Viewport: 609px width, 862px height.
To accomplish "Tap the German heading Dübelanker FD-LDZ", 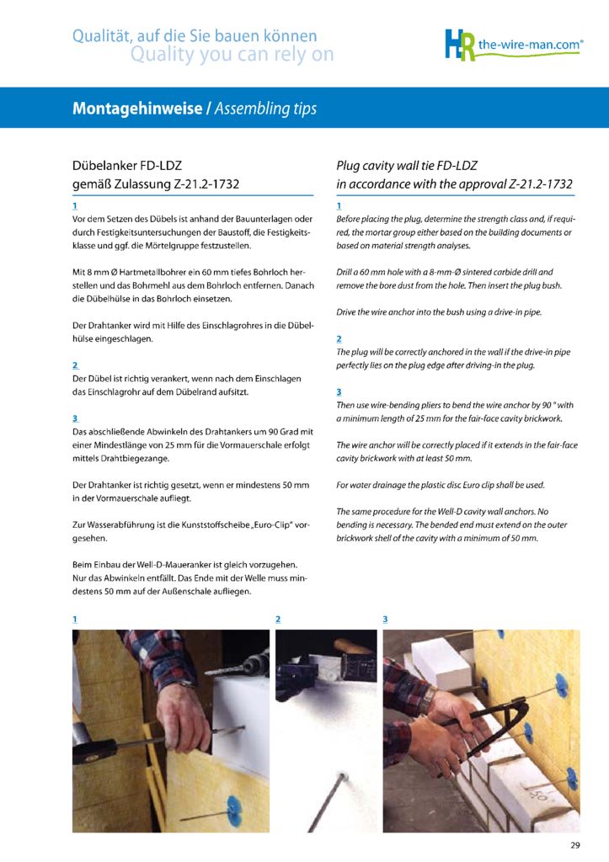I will point(126,165).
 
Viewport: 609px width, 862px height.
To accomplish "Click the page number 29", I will point(575,845).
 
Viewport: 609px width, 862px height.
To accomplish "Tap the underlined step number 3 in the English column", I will point(339,391).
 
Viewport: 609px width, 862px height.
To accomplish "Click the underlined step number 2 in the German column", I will point(75,365).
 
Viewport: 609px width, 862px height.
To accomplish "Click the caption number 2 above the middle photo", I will point(278,619).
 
